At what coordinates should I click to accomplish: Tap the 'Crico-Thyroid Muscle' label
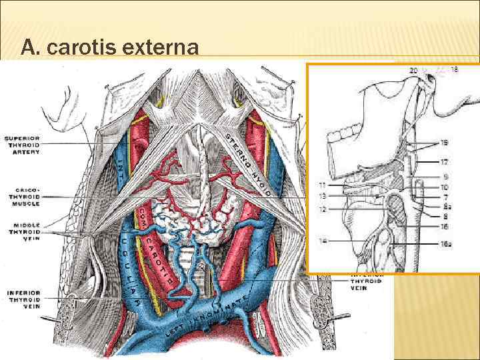coord(22,197)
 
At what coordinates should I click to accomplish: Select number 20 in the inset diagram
coord(414,70)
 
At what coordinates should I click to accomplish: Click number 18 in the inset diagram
coord(455,69)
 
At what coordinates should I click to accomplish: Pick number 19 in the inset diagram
coord(444,143)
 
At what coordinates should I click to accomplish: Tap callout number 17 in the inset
coord(444,161)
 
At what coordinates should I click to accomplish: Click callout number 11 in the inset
coord(323,185)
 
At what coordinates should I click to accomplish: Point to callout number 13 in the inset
coord(323,196)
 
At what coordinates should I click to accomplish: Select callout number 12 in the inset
coord(323,209)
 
